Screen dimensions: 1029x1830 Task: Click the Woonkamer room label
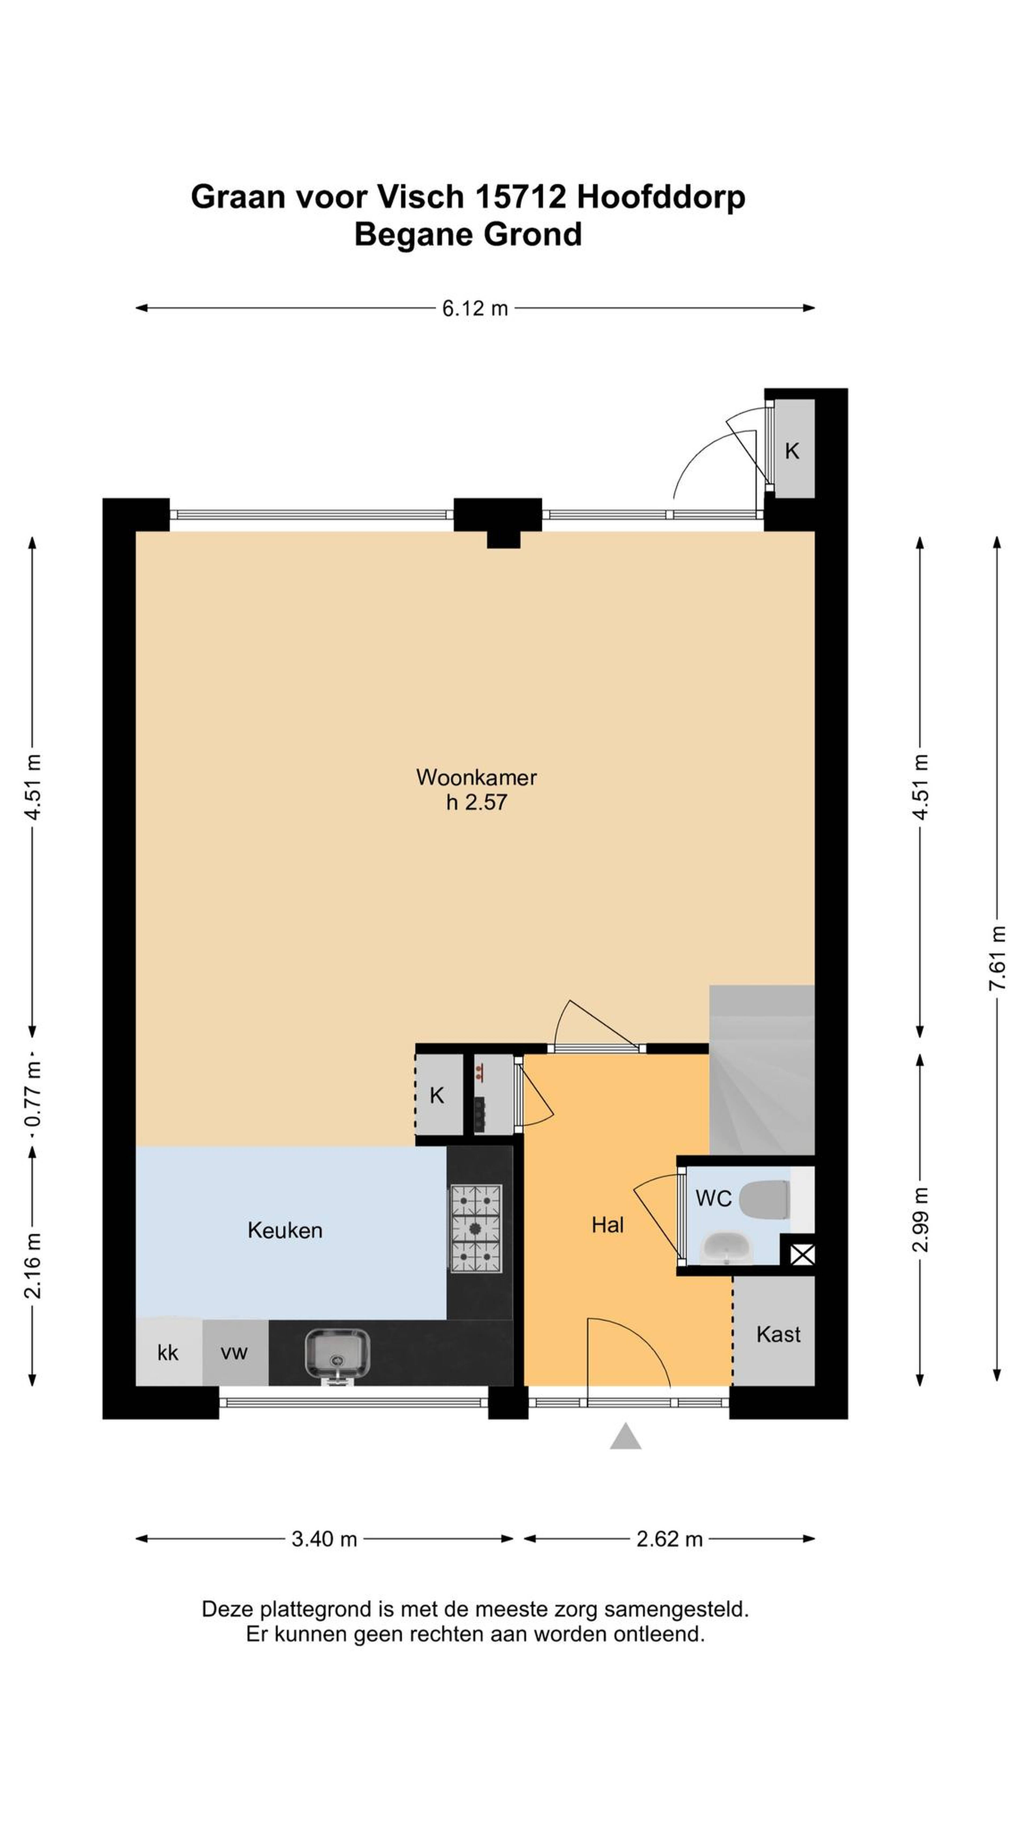(x=476, y=777)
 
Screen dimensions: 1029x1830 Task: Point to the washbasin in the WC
(x=726, y=1248)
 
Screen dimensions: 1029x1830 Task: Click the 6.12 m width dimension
(x=475, y=308)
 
